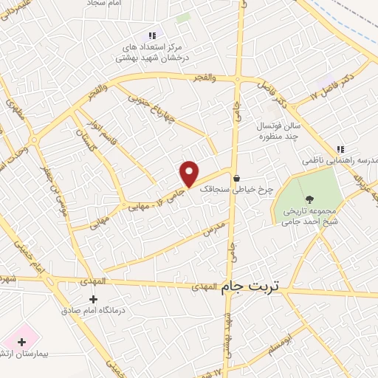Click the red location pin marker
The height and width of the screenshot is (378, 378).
pyautogui.click(x=190, y=173)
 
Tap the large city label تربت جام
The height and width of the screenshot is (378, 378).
pyautogui.click(x=252, y=286)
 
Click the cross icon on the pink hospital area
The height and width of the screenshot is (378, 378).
pyautogui.click(x=21, y=342)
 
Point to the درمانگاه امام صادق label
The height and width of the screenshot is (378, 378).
pyautogui.click(x=93, y=311)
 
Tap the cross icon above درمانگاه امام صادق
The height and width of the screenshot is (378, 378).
pyautogui.click(x=92, y=299)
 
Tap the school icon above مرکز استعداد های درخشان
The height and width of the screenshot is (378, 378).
pyautogui.click(x=152, y=35)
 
